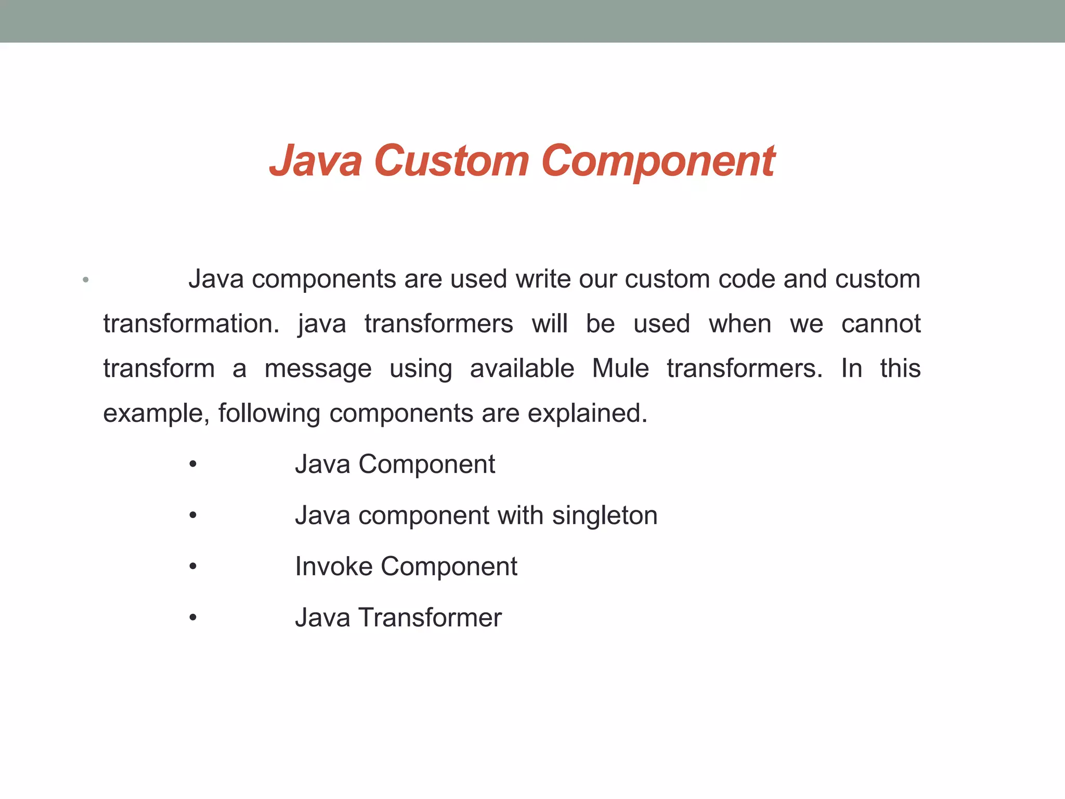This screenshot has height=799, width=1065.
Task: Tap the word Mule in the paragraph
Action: (620, 369)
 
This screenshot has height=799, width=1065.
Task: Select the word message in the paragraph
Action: (318, 369)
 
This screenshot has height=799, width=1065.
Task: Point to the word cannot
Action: (881, 324)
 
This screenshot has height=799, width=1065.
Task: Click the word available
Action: (522, 369)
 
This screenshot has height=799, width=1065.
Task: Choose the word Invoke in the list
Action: (333, 566)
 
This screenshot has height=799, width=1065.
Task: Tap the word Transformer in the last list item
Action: (430, 618)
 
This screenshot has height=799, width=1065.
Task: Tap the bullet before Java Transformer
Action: (193, 618)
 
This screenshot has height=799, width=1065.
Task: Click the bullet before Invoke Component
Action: (193, 566)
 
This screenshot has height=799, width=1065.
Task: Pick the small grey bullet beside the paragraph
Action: (86, 280)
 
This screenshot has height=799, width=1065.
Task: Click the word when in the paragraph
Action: (739, 324)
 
